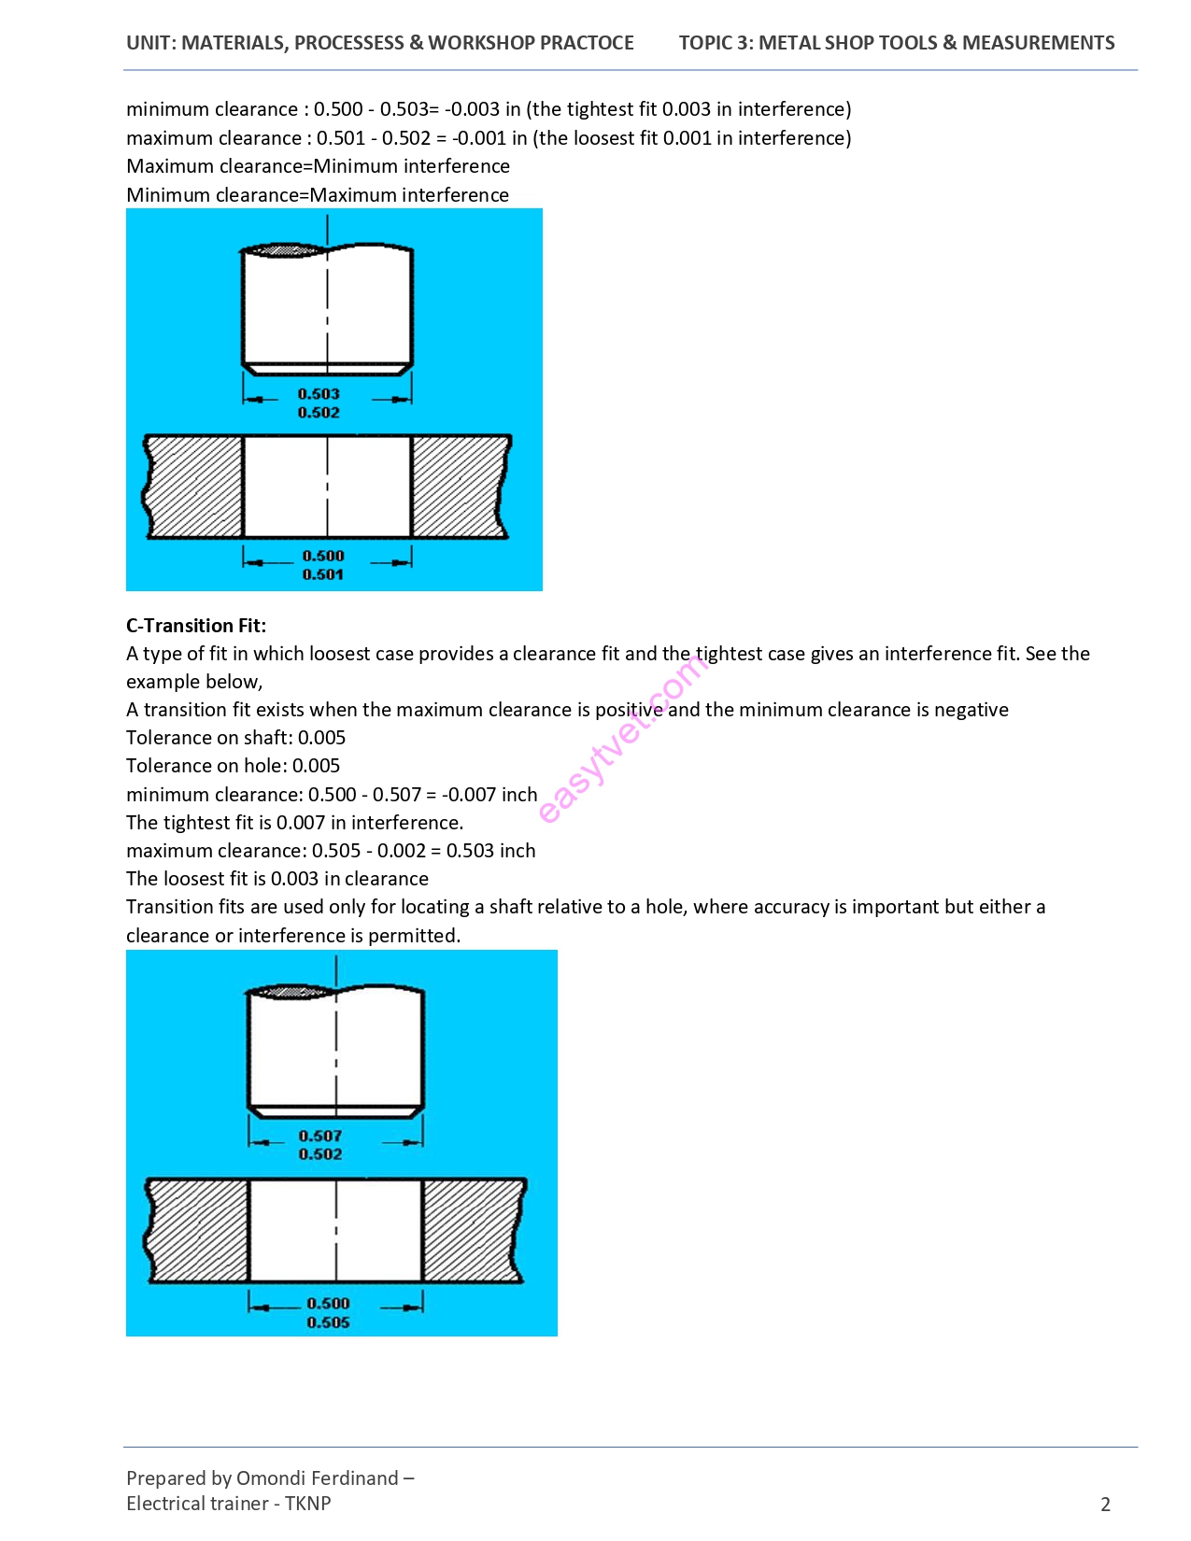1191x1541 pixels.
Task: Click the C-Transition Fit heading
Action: point(196,626)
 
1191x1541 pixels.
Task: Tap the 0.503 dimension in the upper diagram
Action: point(319,394)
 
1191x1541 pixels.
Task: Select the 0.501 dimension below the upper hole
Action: point(323,574)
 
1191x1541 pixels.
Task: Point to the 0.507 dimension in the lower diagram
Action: point(320,1136)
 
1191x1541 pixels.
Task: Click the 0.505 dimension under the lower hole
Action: point(328,1322)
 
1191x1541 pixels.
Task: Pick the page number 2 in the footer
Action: point(1106,1504)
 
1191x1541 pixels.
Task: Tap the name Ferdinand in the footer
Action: point(354,1478)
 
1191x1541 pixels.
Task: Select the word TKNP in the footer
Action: point(308,1504)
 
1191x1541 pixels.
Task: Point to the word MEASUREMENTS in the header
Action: point(1039,43)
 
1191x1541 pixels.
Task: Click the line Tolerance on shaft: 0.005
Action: point(235,738)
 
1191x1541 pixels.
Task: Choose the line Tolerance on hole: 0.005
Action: point(233,766)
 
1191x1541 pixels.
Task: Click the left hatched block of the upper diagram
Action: point(194,486)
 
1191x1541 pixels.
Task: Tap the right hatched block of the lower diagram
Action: point(472,1229)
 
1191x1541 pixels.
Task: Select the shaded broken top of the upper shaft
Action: point(286,250)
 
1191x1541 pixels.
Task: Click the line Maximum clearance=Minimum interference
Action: point(318,166)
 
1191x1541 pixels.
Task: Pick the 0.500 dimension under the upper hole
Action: point(323,556)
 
